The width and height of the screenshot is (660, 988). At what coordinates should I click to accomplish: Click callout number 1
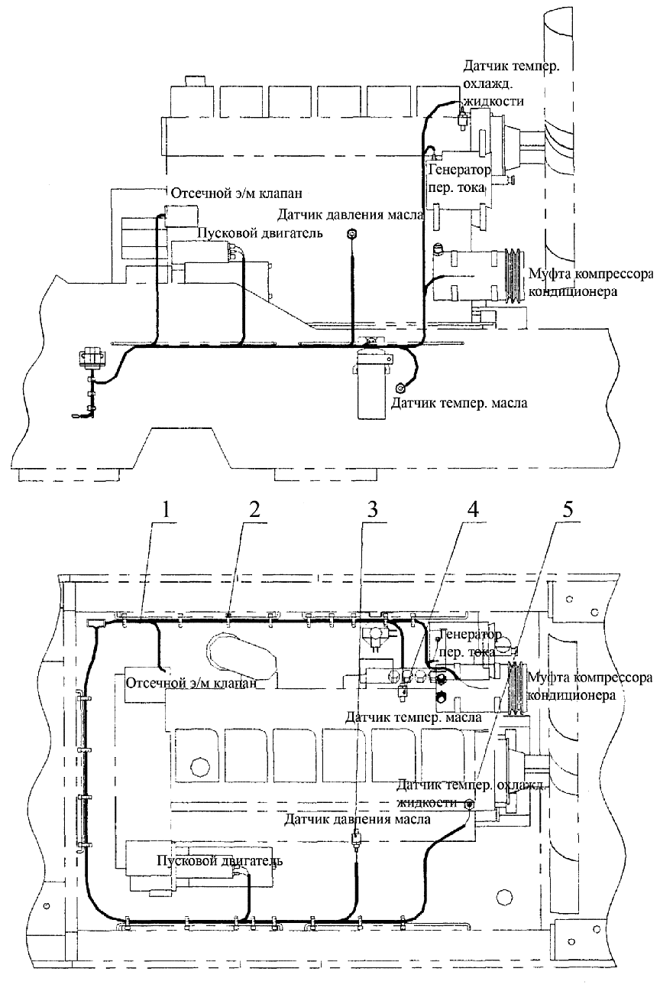[165, 510]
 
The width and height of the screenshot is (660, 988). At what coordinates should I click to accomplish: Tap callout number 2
[254, 510]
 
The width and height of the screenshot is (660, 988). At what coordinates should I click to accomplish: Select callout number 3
[373, 510]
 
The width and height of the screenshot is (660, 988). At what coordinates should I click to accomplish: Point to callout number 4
[472, 510]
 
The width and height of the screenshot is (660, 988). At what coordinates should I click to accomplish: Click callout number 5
[568, 510]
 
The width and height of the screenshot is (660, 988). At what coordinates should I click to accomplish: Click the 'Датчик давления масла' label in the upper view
[351, 215]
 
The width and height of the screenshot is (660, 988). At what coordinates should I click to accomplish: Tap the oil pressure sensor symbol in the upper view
[352, 234]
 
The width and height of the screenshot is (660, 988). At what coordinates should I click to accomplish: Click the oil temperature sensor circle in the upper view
[401, 388]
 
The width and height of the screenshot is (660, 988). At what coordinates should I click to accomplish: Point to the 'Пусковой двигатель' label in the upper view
[259, 233]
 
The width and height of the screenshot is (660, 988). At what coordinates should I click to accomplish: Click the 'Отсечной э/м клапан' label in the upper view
[237, 193]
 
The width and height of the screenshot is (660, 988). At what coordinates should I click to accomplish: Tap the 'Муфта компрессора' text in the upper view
[590, 275]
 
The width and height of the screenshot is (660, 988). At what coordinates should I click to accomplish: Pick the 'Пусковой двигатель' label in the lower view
[219, 860]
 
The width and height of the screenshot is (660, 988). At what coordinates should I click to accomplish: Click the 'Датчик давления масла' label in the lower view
[357, 819]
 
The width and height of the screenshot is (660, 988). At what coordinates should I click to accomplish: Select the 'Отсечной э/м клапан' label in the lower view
[191, 683]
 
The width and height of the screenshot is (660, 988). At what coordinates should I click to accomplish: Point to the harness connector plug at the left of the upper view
[92, 358]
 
